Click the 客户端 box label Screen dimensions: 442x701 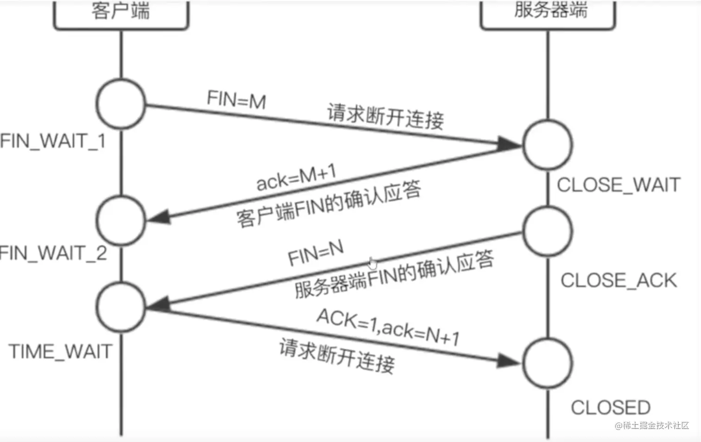tap(121, 11)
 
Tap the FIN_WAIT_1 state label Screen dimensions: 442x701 tap(53, 141)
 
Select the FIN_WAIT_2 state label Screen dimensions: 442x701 tap(53, 253)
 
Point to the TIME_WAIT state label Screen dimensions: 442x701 tap(60, 351)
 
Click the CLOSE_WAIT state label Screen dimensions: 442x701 tap(618, 185)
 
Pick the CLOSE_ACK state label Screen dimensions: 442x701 tap(618, 280)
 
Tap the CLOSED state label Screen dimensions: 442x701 tap(611, 408)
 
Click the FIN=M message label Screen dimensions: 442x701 tap(236, 100)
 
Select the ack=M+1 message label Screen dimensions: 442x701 tap(296, 177)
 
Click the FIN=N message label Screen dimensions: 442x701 tap(316, 253)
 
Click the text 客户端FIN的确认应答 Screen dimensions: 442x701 tap(328, 204)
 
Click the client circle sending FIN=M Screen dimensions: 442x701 tap(121, 104)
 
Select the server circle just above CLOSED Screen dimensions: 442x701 tap(548, 363)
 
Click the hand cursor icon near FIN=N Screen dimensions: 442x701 tap(373, 263)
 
